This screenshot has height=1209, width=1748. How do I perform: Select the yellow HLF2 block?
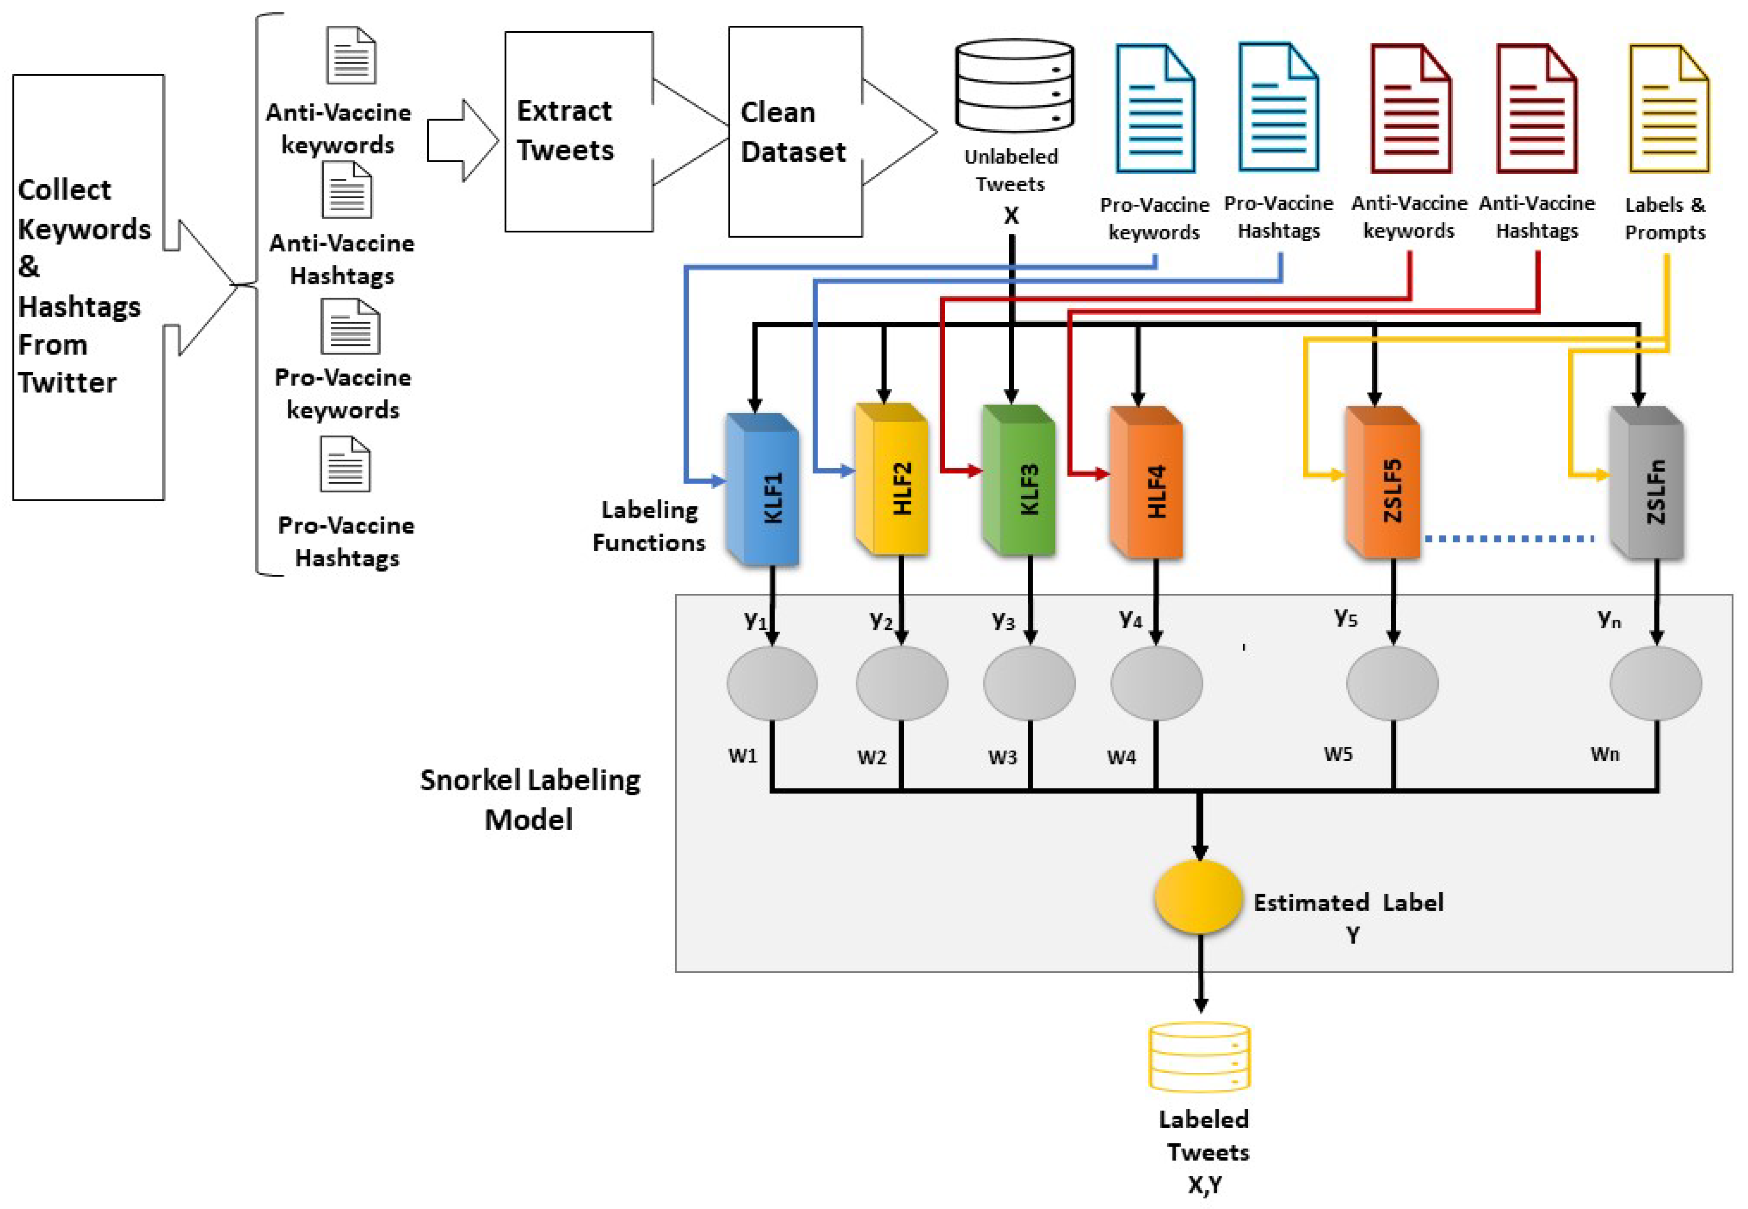pos(891,479)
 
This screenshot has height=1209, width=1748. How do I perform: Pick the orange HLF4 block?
pos(1146,483)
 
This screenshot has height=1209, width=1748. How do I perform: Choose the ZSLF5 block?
pos(1383,483)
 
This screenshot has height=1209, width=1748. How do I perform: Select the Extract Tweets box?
pos(579,131)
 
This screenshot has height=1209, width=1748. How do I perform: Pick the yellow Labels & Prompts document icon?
pos(1668,108)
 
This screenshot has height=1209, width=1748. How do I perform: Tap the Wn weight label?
pos(1605,754)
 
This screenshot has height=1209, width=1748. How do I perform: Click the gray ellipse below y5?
pos(1392,683)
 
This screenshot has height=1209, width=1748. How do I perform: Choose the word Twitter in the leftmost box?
pos(67,382)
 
